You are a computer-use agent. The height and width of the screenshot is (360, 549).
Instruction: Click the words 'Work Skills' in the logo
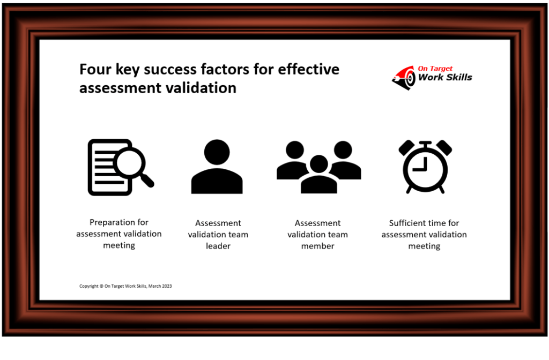(x=445, y=77)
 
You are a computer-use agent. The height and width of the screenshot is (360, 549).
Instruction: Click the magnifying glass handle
(x=148, y=181)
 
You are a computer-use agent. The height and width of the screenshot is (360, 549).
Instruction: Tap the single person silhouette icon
(x=217, y=167)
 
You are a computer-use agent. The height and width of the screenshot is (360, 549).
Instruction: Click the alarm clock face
(x=425, y=168)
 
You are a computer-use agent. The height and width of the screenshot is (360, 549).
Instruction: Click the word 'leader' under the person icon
(x=218, y=246)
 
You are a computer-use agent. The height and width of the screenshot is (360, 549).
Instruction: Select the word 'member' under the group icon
(x=317, y=246)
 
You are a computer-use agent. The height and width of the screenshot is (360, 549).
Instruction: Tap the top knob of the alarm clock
(x=425, y=143)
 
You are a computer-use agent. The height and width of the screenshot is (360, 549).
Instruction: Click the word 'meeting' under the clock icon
(x=424, y=246)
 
